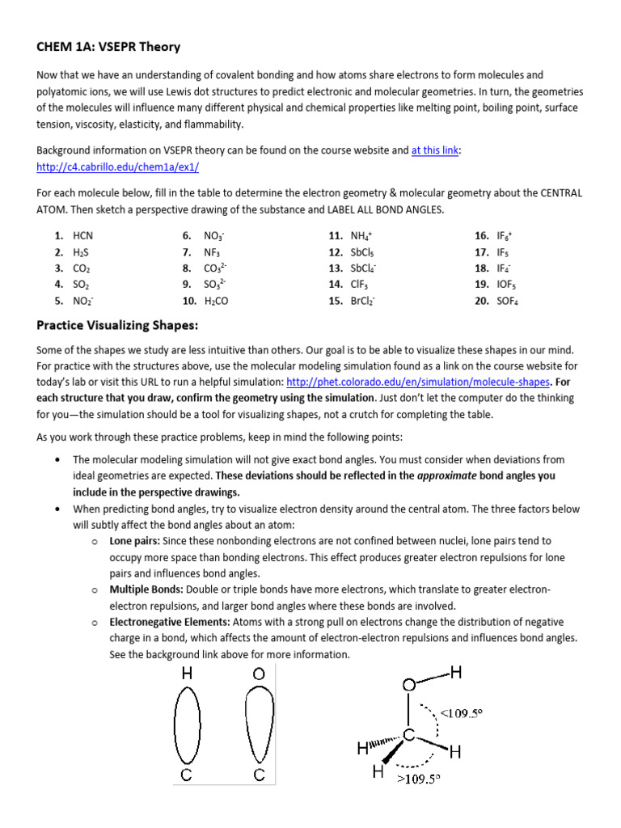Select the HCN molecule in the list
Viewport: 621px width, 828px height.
coord(83,235)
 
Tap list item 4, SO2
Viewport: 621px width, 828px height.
coord(81,284)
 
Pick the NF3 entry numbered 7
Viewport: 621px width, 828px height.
coord(213,251)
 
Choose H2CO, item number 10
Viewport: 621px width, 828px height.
coord(218,300)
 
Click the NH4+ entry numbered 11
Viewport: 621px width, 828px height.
coord(361,235)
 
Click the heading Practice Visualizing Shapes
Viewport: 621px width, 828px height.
coord(117,325)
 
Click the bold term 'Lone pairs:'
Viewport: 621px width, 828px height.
coord(135,540)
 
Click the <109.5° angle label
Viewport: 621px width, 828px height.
coord(461,713)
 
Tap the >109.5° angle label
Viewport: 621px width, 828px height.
coord(418,779)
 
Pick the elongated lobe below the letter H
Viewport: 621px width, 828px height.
coord(188,725)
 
